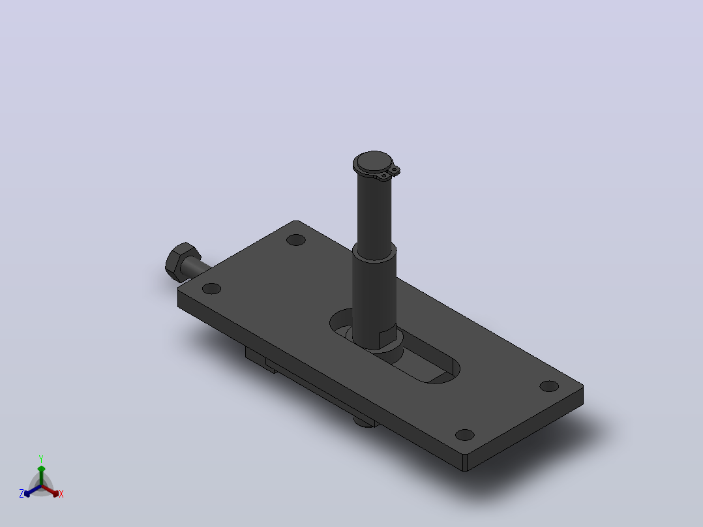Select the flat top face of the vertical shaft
tap(373, 161)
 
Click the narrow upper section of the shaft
tap(374, 211)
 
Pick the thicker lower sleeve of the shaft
tap(374, 296)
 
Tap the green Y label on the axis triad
tap(41, 459)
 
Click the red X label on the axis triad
tap(61, 494)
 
